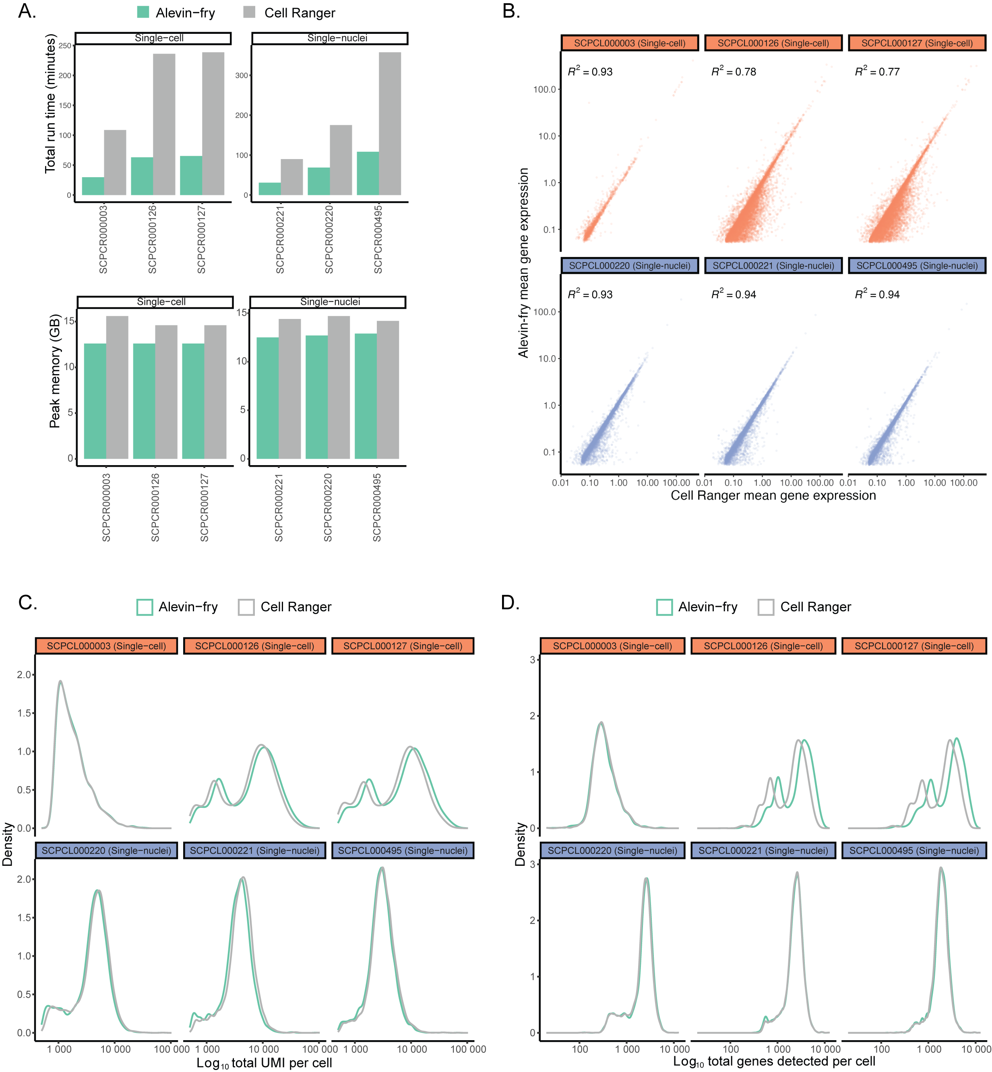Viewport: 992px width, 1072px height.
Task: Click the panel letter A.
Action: coord(27,11)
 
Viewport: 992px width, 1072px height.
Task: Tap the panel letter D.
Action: coord(510,602)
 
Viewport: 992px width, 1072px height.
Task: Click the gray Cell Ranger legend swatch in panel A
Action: coord(249,12)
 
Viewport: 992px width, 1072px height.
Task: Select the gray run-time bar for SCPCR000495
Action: coord(390,124)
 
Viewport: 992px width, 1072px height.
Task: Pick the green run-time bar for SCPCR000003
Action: coord(93,186)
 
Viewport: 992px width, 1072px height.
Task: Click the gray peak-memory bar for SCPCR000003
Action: coord(117,387)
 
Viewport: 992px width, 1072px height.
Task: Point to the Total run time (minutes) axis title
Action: coord(50,103)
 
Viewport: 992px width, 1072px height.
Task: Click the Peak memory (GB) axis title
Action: coord(55,371)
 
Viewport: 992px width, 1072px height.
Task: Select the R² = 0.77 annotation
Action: coord(877,71)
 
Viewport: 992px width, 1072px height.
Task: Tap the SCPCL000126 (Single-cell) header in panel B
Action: coord(773,43)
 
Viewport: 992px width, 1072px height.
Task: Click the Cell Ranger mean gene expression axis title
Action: coord(773,495)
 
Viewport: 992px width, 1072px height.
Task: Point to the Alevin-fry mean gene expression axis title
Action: coord(523,263)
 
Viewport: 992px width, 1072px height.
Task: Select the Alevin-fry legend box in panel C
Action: coord(145,607)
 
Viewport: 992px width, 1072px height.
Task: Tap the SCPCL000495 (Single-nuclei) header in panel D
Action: coord(913,850)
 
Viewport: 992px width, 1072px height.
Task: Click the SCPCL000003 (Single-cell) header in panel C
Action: coord(106,646)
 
